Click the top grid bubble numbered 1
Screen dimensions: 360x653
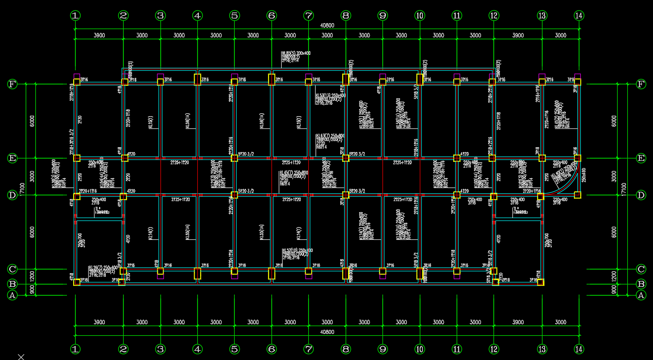[x=75, y=16]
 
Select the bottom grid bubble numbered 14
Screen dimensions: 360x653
[x=578, y=349]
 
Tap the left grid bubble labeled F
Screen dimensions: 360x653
[x=12, y=84]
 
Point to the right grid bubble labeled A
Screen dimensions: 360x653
[x=641, y=295]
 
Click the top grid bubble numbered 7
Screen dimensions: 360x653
[x=308, y=16]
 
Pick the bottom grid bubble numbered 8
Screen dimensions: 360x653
[x=346, y=349]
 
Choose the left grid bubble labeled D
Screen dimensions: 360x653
[x=12, y=195]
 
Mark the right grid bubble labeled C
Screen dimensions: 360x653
[x=641, y=269]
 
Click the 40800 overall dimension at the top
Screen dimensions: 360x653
[x=327, y=25]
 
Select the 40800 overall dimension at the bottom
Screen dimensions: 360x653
[x=327, y=332]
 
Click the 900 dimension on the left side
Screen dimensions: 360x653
[x=32, y=289]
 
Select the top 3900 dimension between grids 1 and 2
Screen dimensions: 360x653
[x=99, y=35]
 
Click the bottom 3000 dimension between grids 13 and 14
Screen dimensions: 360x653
[x=560, y=322]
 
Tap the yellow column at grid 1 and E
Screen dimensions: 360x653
[x=77, y=158]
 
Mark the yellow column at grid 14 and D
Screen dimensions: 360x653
[x=577, y=195]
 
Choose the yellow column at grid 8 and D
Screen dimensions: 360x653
[x=346, y=195]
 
